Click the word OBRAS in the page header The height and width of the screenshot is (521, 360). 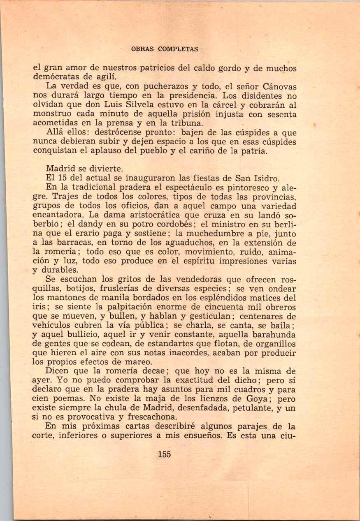(142, 49)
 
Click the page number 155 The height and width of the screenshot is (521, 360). (164, 454)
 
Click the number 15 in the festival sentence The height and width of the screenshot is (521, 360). (67, 178)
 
